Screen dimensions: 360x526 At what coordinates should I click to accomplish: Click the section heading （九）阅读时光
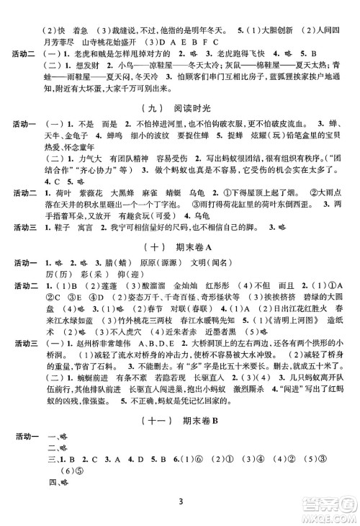(x=180, y=107)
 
